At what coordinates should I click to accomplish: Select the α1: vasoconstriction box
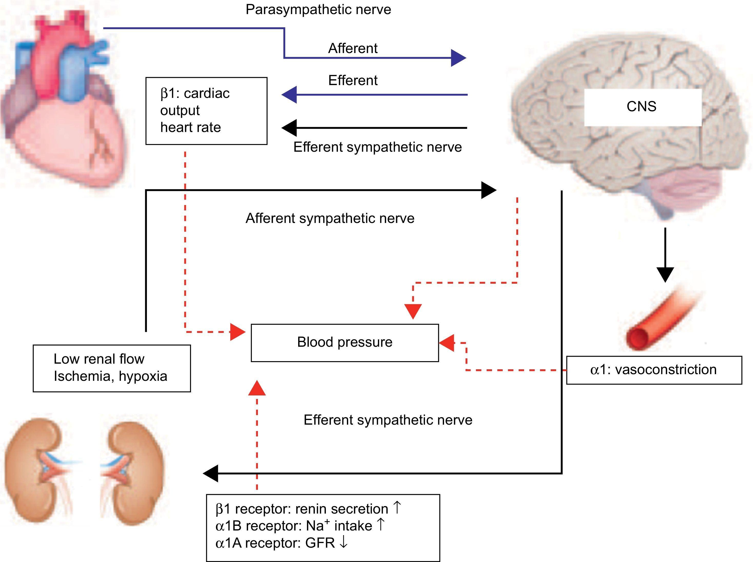(653, 370)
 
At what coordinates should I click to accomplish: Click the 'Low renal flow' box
(111, 368)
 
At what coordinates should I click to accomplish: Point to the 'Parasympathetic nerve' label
(318, 9)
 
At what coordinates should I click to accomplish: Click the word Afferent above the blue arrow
(353, 48)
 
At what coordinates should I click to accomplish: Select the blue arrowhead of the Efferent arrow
(289, 95)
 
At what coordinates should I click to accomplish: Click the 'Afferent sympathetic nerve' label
(330, 218)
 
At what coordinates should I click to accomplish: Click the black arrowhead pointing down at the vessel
(665, 274)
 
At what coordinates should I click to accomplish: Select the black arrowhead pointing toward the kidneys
(211, 473)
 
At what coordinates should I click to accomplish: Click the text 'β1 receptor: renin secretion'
(302, 509)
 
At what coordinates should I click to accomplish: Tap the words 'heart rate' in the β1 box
(190, 127)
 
